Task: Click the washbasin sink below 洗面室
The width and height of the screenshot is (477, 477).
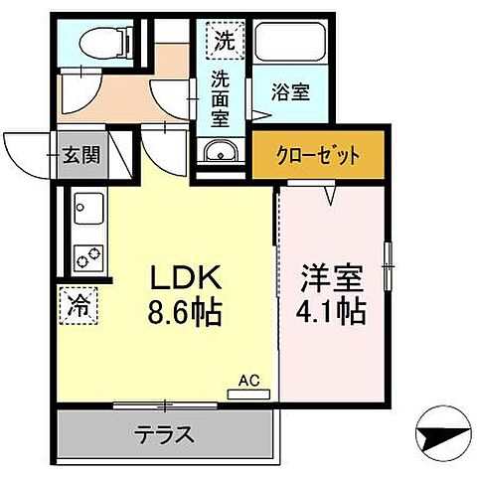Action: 221,153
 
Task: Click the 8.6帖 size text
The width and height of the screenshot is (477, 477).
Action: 185,315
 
